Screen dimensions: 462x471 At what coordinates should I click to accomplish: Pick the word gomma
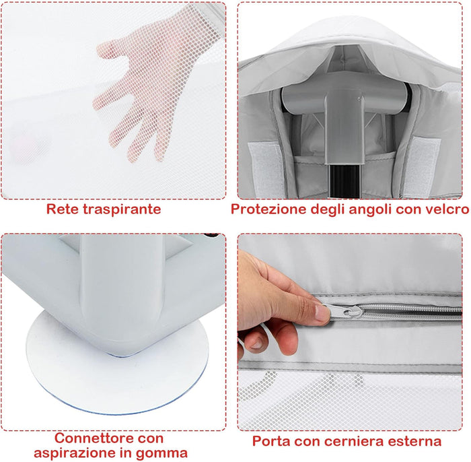tap(166, 453)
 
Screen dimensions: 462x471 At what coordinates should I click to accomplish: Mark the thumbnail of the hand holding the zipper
tap(321, 312)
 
